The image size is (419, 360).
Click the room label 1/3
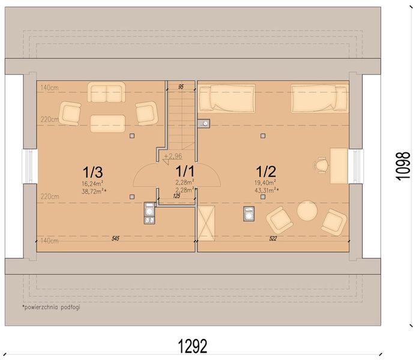92,172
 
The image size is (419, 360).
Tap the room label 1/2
266,171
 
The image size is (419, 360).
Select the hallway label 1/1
185,171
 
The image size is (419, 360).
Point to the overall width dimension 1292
193,346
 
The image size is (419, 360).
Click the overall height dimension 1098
403,166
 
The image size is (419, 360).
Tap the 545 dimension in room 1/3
115,238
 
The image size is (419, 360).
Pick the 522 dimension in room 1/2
273,238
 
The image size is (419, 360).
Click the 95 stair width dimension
181,87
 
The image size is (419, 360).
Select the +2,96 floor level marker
173,156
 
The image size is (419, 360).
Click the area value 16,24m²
92,184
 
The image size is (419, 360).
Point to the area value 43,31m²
267,190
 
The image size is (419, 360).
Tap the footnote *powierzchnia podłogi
51,307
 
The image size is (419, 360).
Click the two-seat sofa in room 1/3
106,92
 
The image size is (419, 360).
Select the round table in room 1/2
307,211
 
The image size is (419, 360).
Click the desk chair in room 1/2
321,166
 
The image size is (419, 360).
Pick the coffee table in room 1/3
107,124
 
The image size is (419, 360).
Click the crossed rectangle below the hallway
206,223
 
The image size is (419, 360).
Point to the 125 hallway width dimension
176,196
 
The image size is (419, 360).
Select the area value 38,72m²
94,191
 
